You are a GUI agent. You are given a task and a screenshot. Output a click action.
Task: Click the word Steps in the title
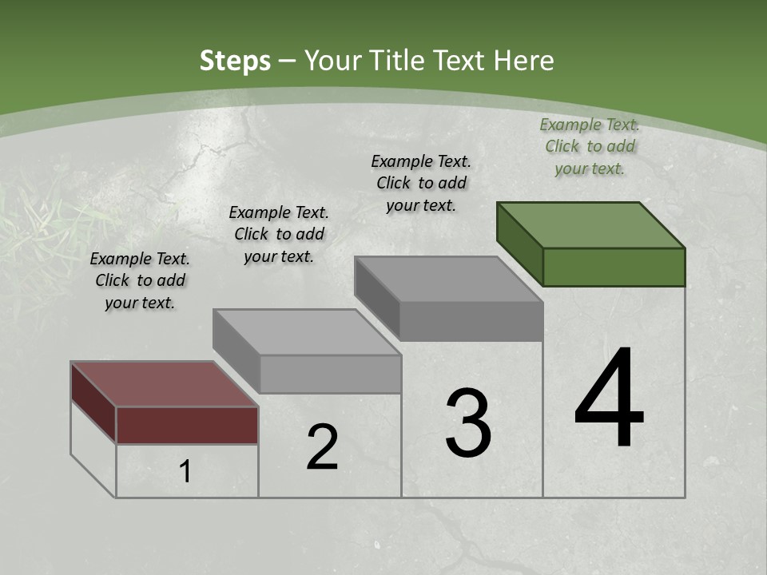235,61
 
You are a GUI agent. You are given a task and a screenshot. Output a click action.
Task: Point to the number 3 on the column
468,423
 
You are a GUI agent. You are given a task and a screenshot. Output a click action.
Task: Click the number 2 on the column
322,447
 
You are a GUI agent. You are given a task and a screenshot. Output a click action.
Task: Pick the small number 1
185,472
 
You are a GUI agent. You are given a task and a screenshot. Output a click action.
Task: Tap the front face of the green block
614,267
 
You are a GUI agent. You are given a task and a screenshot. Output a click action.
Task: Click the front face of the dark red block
187,425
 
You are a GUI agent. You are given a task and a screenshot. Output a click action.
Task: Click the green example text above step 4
590,146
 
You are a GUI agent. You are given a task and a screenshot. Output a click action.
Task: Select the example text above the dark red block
140,280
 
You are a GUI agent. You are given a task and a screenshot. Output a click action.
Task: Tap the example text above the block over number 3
421,183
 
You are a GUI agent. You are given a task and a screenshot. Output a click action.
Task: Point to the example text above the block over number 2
279,234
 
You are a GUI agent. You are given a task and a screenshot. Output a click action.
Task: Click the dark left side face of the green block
519,243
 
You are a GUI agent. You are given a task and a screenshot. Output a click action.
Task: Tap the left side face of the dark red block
93,402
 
